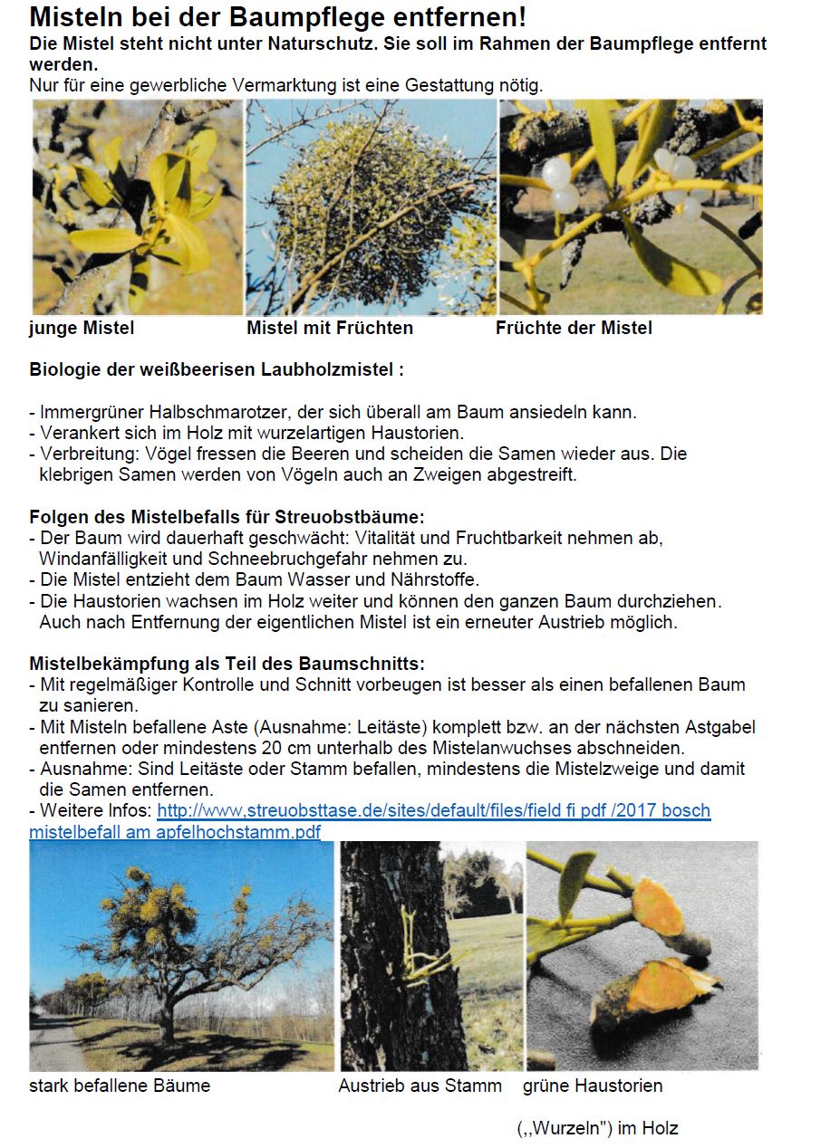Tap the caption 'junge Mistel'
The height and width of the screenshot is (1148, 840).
pos(82,328)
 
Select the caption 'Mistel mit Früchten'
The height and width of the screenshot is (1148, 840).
pos(330,328)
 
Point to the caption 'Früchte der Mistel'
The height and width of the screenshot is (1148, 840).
pos(574,328)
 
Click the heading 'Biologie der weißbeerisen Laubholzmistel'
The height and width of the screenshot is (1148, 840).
pos(216,370)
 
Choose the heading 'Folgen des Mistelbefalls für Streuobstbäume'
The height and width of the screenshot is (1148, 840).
pos(227,517)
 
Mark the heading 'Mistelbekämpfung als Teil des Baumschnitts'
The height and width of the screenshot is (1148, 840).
pos(227,664)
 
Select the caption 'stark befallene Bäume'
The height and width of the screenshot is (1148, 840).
pos(120,1085)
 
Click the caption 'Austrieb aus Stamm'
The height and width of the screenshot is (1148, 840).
pos(420,1085)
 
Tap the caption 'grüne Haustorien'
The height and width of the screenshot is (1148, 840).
pos(593,1085)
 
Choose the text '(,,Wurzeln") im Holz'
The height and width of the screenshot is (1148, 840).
pos(597,1128)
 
